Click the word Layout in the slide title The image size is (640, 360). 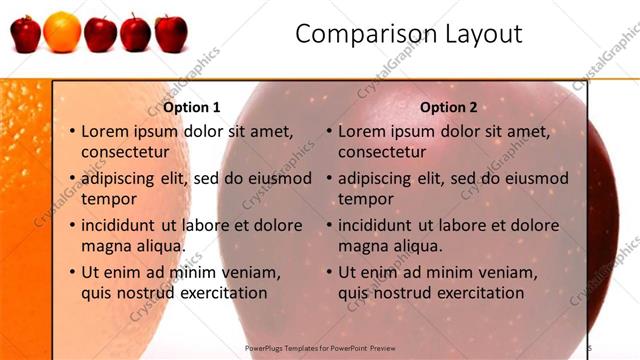tap(483, 34)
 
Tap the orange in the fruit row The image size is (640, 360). tap(62, 31)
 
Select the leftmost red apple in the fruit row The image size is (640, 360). tap(26, 33)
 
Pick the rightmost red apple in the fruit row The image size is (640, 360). tap(171, 33)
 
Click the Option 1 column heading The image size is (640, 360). tap(191, 107)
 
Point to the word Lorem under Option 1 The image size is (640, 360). tap(105, 131)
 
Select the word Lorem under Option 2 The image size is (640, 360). tap(362, 131)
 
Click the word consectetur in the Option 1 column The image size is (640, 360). tap(125, 152)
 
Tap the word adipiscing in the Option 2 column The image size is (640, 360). tap(381, 179)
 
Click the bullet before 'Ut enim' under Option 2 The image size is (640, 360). tap(330, 272)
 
